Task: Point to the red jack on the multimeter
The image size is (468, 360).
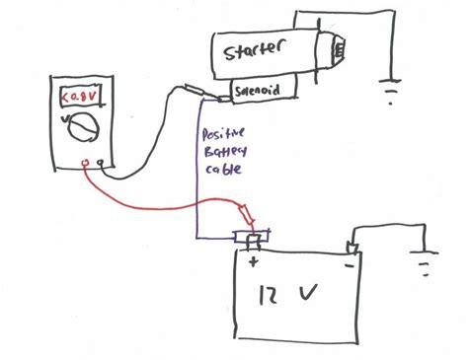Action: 88,164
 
